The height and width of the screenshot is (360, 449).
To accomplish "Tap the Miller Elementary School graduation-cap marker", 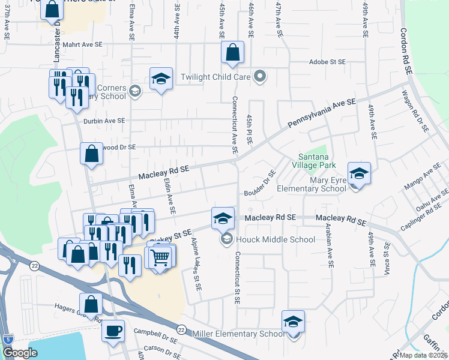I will click(x=293, y=322).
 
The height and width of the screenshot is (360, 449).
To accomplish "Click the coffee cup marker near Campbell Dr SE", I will click(x=113, y=331).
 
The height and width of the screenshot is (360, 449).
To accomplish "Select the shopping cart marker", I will click(x=160, y=257).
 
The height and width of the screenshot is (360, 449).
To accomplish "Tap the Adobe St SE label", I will click(x=327, y=62).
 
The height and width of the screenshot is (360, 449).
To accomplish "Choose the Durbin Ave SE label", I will click(x=104, y=121).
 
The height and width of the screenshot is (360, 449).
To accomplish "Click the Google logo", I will click(x=20, y=353).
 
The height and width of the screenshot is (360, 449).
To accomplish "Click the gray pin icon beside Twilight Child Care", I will click(x=260, y=76).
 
